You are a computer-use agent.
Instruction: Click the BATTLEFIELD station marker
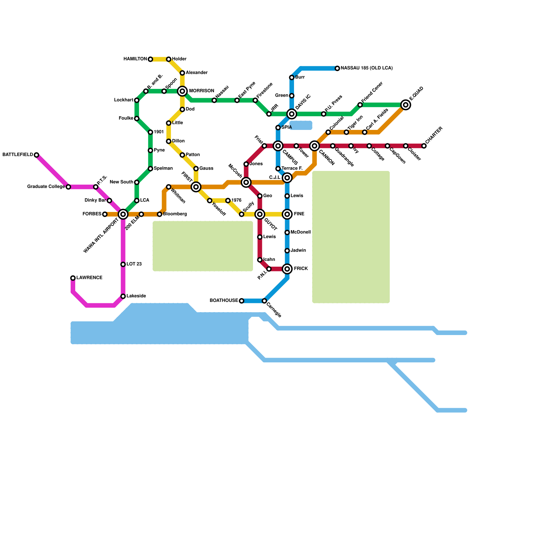pyautogui.click(x=36, y=155)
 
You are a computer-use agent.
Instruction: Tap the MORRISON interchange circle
pyautogui.click(x=182, y=91)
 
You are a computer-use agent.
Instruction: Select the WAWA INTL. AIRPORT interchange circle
pyautogui.click(x=123, y=214)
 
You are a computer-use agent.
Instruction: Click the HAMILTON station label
pyautogui.click(x=135, y=59)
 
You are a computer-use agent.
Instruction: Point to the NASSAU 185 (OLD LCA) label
pyautogui.click(x=366, y=68)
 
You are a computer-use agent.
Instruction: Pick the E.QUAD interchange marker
pyautogui.click(x=405, y=105)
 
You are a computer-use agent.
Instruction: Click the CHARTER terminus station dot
pyautogui.click(x=424, y=146)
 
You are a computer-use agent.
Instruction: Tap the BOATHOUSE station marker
pyautogui.click(x=241, y=301)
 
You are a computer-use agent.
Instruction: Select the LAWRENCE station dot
pyautogui.click(x=73, y=278)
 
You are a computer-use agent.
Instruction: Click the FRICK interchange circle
pyautogui.click(x=287, y=269)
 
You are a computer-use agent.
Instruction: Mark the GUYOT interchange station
pyautogui.click(x=260, y=214)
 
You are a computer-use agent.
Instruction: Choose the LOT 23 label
pyautogui.click(x=134, y=264)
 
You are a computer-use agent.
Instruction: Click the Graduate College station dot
pyautogui.click(x=68, y=187)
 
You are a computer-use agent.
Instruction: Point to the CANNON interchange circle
pyautogui.click(x=315, y=146)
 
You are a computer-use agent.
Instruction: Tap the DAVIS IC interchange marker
pyautogui.click(x=292, y=114)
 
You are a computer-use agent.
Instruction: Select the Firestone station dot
pyautogui.click(x=255, y=100)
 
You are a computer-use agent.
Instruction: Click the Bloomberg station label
pyautogui.click(x=175, y=214)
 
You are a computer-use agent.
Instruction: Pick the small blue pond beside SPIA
pyautogui.click(x=301, y=125)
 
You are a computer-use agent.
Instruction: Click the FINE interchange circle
pyautogui.click(x=287, y=214)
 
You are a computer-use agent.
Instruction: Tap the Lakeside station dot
pyautogui.click(x=123, y=296)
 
